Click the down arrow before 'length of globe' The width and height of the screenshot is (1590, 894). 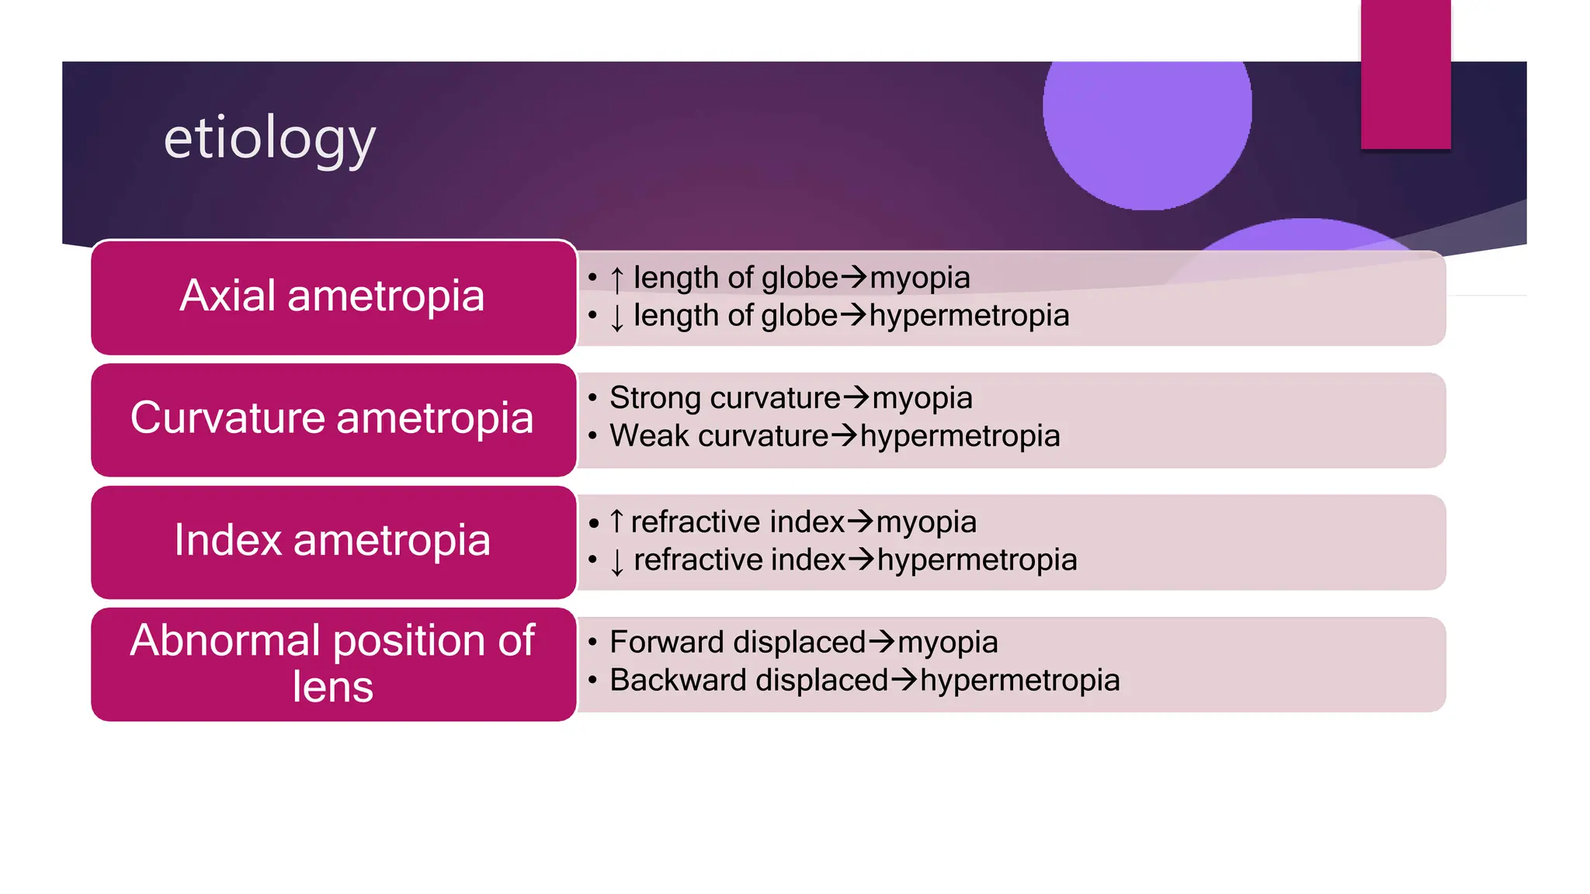point(617,317)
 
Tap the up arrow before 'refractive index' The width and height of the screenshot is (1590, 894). point(617,521)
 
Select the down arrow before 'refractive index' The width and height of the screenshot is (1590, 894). point(617,561)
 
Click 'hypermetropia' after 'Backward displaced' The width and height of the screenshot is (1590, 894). point(1019,681)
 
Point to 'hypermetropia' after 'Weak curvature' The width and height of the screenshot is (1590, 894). point(960,436)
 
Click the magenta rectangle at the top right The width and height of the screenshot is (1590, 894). point(1405,74)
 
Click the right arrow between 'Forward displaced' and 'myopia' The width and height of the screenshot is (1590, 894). point(881,642)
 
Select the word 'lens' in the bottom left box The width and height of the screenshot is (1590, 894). point(332,688)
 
